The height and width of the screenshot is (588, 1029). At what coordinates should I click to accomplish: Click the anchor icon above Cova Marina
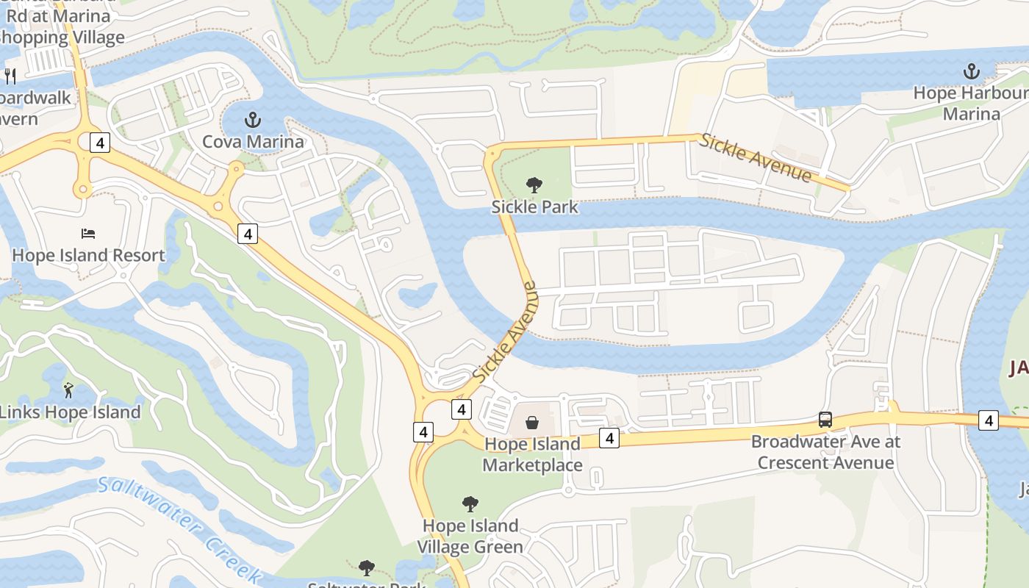[x=253, y=119]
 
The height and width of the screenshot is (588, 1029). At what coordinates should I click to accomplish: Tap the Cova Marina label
[x=253, y=142]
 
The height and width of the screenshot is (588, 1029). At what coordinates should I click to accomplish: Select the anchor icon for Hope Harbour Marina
[x=972, y=72]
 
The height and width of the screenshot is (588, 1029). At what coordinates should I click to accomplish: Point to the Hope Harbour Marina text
[x=971, y=104]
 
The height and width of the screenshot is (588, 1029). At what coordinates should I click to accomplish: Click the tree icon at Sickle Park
[x=534, y=185]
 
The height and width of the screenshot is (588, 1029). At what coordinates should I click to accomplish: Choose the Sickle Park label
[x=534, y=207]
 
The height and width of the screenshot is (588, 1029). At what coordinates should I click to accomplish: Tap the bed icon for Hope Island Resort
[x=88, y=234]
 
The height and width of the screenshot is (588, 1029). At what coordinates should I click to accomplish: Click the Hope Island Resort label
[x=88, y=256]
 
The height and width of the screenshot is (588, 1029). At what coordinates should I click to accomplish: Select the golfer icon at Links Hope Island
[x=68, y=390]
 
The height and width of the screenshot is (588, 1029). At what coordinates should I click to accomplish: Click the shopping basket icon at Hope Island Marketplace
[x=532, y=423]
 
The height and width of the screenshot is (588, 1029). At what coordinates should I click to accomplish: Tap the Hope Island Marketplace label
[x=532, y=454]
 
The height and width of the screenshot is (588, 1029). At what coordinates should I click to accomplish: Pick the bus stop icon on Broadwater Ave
[x=825, y=420]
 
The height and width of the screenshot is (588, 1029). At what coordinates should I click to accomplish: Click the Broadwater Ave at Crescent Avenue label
[x=825, y=452]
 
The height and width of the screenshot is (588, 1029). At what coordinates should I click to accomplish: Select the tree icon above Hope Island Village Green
[x=470, y=504]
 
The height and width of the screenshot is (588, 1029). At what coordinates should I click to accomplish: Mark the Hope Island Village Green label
[x=470, y=537]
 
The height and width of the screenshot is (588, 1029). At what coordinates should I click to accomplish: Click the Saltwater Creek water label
[x=180, y=526]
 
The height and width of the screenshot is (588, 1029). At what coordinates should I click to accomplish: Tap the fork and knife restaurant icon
[x=10, y=76]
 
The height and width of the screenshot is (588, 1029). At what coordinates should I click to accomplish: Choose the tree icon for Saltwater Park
[x=366, y=568]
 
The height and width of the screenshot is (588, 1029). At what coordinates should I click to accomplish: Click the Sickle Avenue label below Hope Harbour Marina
[x=756, y=158]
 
